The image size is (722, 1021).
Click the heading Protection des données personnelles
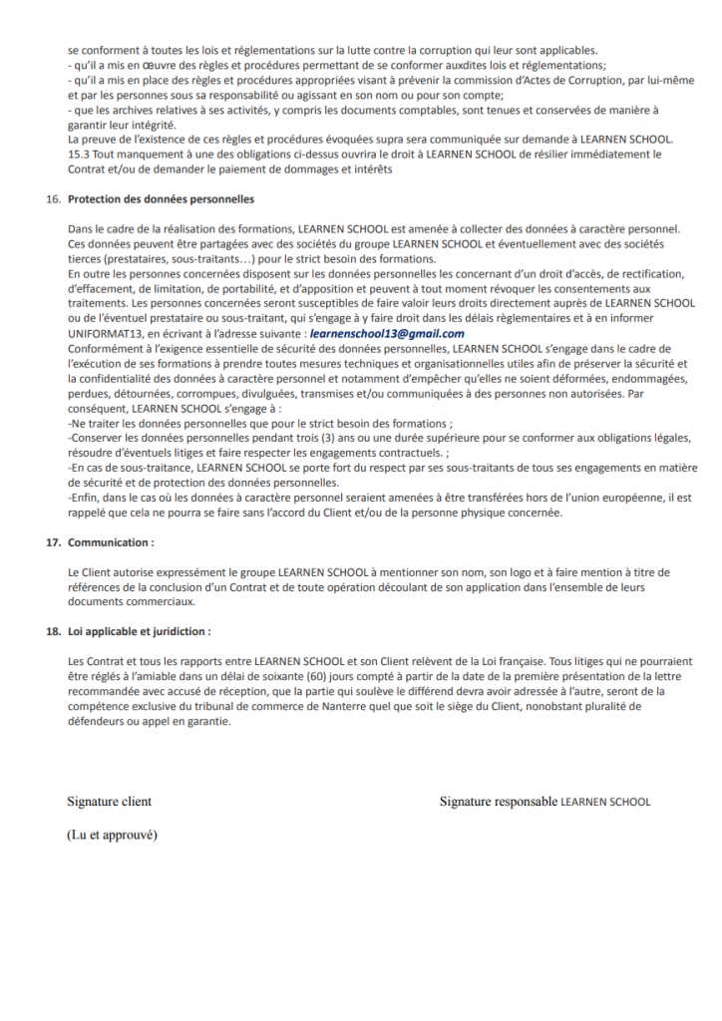click(x=161, y=199)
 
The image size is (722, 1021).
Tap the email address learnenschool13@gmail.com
click(x=387, y=333)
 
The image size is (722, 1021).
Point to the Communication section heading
click(x=111, y=542)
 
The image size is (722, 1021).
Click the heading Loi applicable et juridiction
click(x=139, y=631)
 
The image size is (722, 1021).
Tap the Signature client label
click(x=109, y=801)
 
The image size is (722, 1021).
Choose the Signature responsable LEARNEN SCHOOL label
click(x=544, y=801)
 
